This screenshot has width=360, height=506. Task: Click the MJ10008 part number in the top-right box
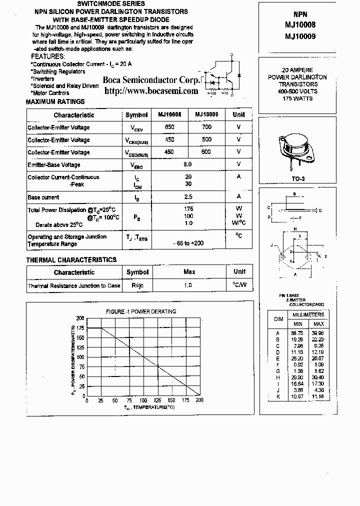click(x=300, y=24)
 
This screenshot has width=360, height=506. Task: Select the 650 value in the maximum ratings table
click(x=169, y=127)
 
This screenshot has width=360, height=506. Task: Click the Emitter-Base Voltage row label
click(x=54, y=165)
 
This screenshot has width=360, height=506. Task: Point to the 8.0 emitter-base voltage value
click(x=187, y=164)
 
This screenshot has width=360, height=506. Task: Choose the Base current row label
click(x=43, y=197)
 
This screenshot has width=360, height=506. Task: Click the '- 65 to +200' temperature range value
click(x=188, y=243)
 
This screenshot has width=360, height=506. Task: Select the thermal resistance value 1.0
click(x=188, y=285)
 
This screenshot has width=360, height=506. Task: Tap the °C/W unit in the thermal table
click(x=239, y=285)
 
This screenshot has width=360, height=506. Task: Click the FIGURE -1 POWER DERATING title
click(x=141, y=311)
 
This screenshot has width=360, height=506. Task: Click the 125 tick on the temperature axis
click(x=157, y=400)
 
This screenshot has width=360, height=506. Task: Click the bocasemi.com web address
click(x=151, y=90)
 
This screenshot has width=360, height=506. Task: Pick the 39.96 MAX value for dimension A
click(x=317, y=333)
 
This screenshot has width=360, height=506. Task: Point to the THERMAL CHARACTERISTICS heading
click(x=71, y=260)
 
